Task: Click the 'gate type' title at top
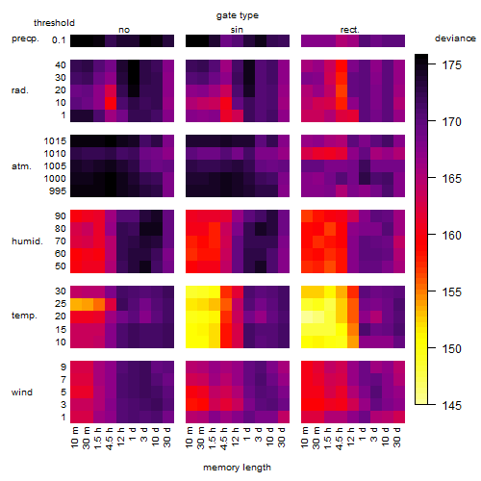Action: (238, 15)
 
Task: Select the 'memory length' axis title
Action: (237, 468)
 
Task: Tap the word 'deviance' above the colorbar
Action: (455, 38)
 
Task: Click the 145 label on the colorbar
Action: (451, 406)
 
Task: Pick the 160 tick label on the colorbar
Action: (451, 236)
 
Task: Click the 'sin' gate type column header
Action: (237, 30)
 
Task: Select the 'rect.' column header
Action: (350, 30)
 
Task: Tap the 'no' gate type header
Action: (124, 30)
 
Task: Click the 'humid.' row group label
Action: (27, 241)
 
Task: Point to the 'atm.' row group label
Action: (21, 166)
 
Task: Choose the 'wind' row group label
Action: (22, 392)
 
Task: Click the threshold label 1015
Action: (55, 141)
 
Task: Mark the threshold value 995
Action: (58, 191)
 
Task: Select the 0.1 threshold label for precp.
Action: (59, 40)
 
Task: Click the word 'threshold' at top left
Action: (54, 23)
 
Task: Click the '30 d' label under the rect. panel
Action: (396, 437)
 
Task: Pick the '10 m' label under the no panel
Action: (74, 437)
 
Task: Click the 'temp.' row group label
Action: (24, 316)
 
